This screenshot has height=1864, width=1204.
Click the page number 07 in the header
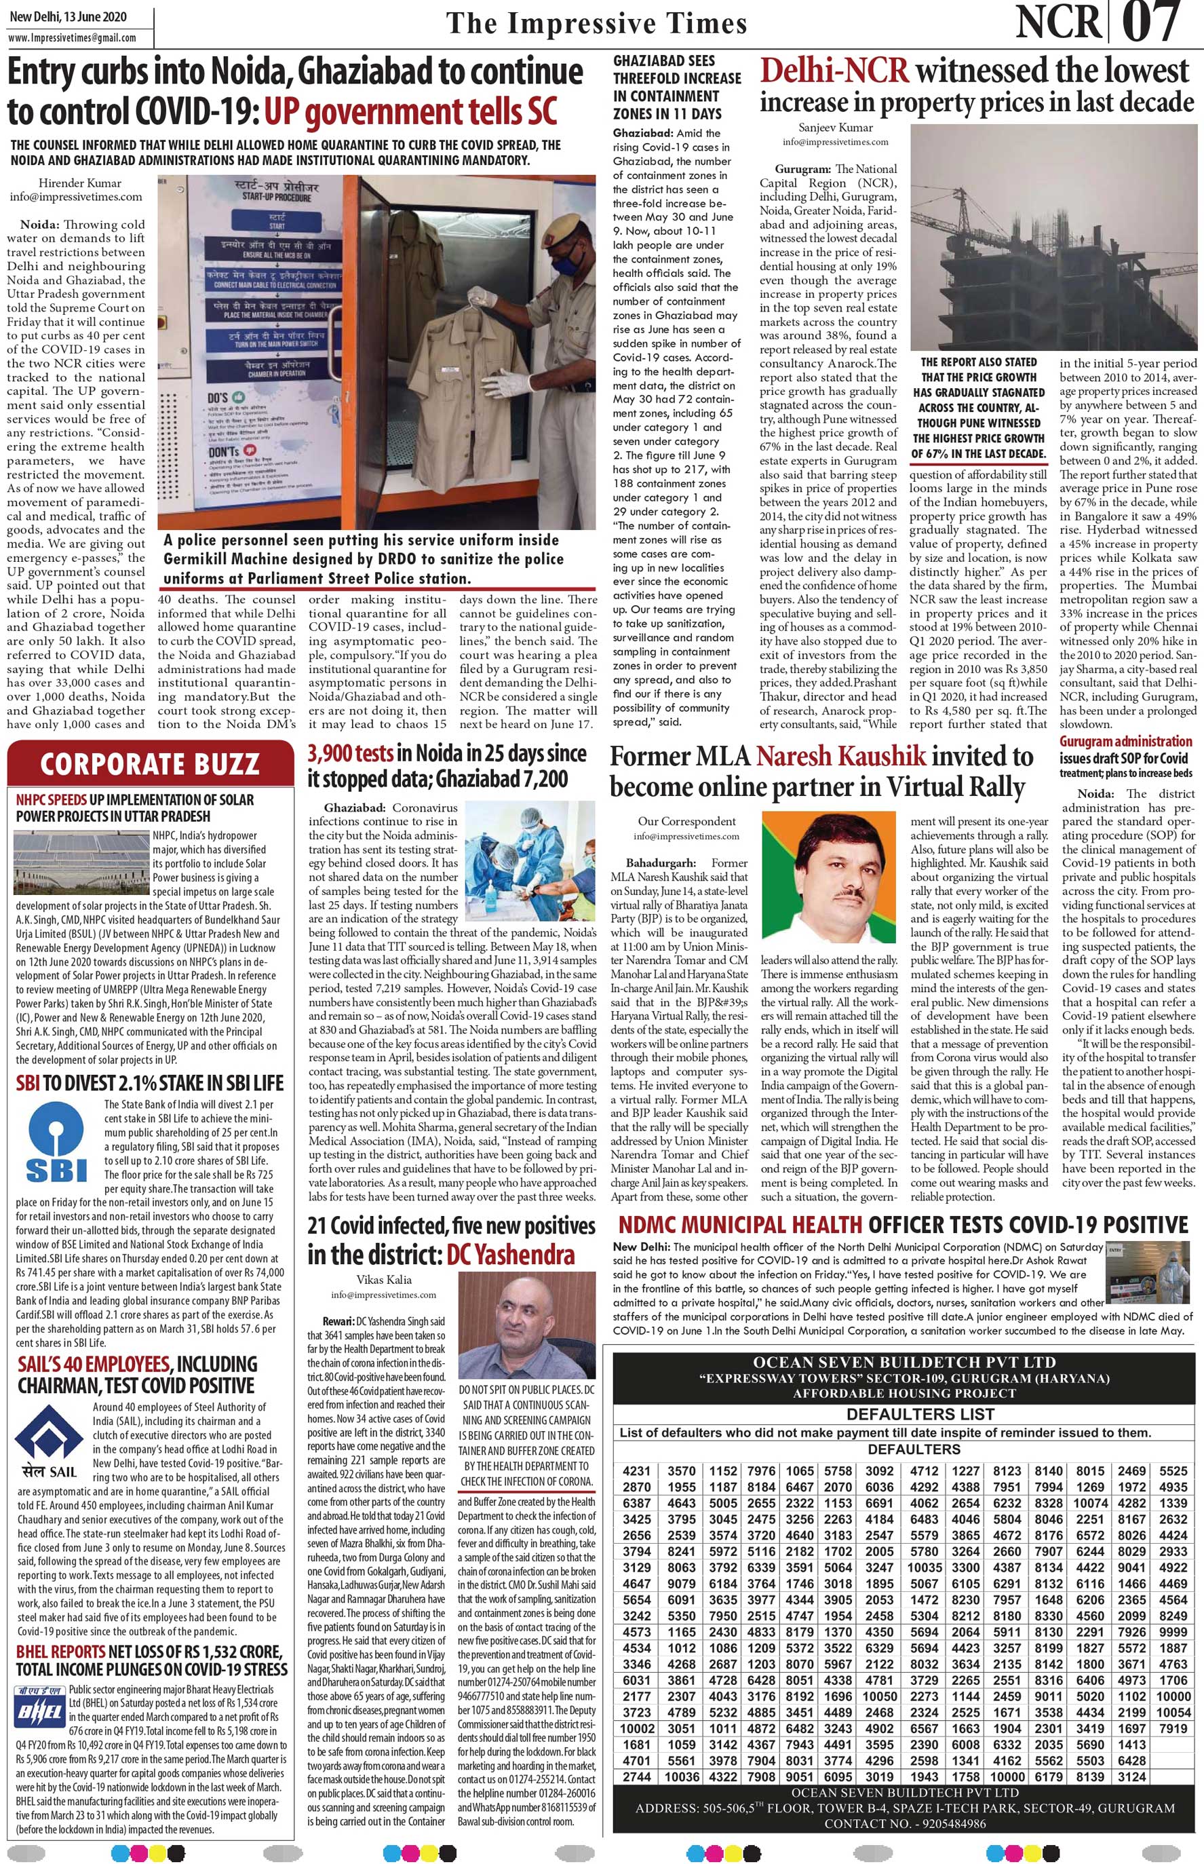click(1152, 24)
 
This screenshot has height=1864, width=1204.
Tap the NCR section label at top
click(1059, 24)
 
